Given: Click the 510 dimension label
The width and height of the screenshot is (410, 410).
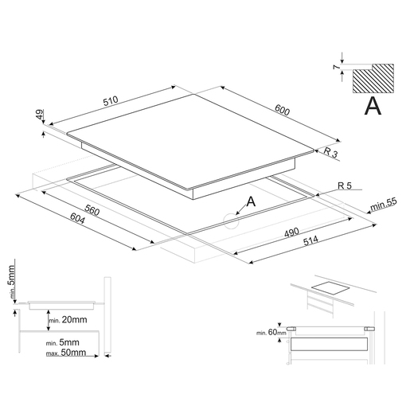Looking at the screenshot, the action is click(x=111, y=101).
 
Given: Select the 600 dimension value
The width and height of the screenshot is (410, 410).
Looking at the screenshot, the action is click(x=282, y=110).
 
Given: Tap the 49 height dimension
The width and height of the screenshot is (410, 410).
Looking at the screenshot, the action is click(x=39, y=115).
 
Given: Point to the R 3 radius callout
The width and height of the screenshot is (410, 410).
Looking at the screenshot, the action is click(x=331, y=152).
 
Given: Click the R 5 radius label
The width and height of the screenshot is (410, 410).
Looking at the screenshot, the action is click(x=345, y=185).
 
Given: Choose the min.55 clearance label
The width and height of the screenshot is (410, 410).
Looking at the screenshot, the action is click(x=384, y=204).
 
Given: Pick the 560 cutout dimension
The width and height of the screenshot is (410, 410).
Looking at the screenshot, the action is click(x=92, y=210).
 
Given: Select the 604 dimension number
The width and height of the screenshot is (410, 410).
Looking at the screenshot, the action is click(x=77, y=218).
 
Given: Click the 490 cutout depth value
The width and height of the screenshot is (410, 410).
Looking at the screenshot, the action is click(x=291, y=232).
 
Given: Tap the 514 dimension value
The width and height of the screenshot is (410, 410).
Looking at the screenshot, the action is click(x=310, y=240).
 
